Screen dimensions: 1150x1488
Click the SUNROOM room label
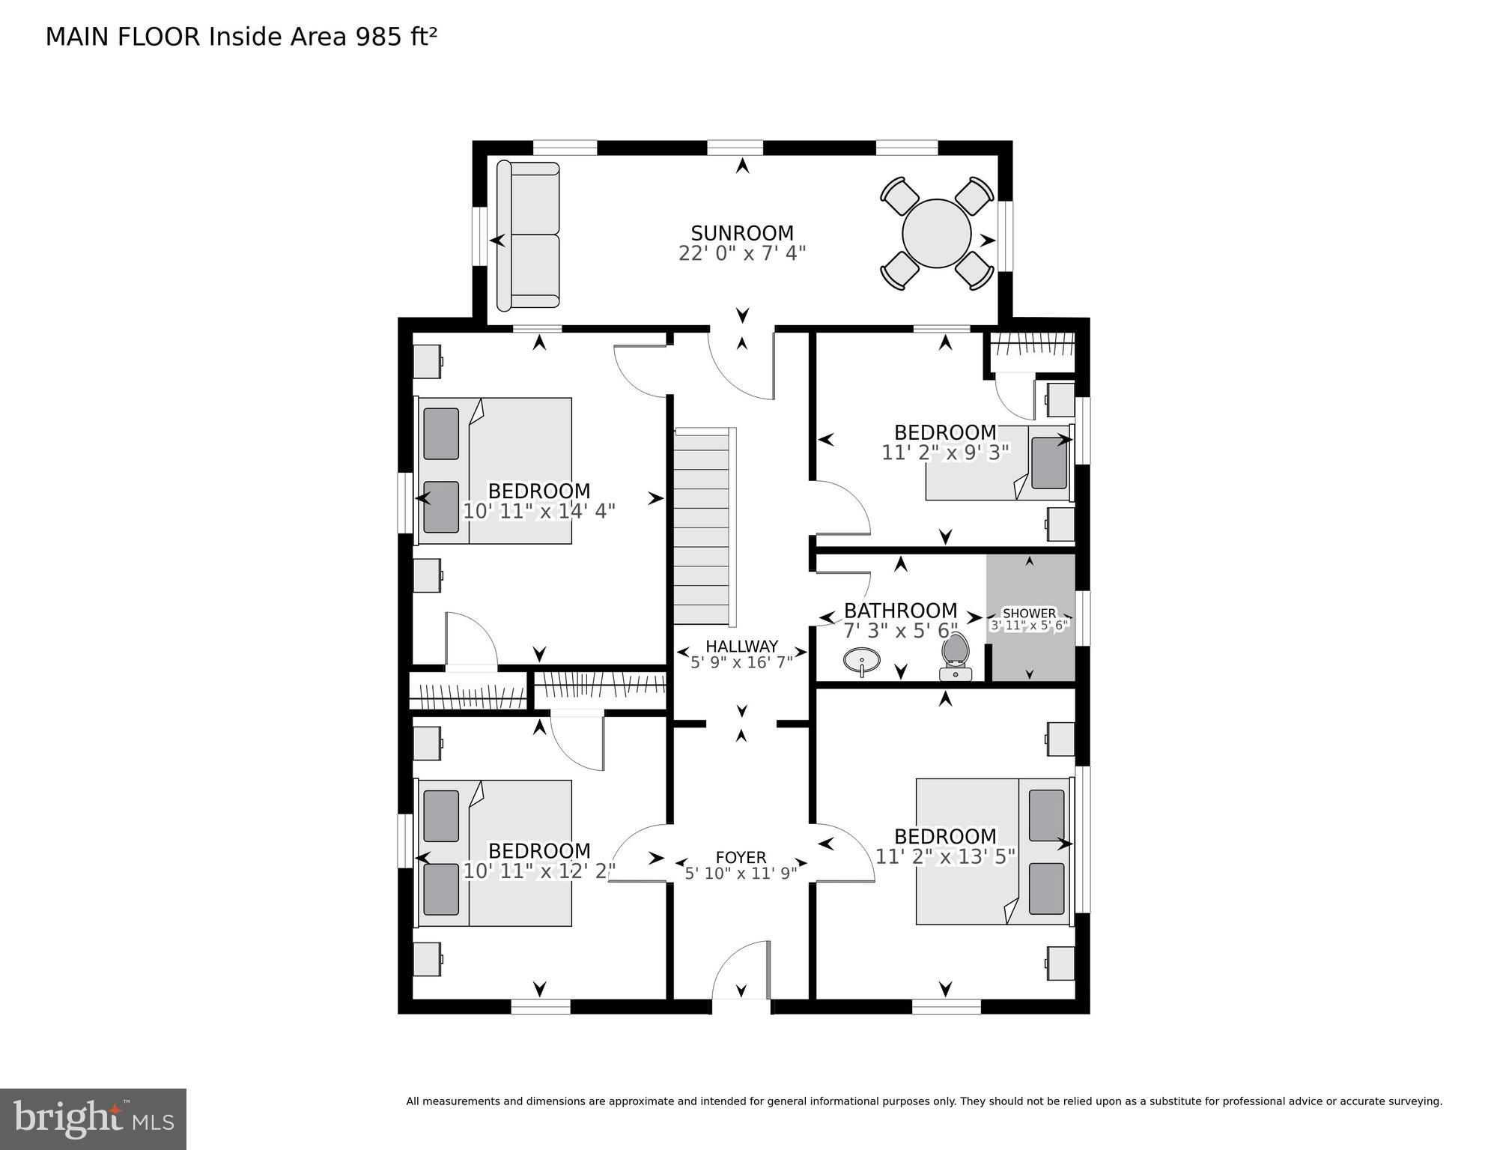(741, 233)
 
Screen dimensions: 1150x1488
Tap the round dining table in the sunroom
(936, 233)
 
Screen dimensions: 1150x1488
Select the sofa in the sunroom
(528, 235)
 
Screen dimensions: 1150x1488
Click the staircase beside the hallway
(702, 526)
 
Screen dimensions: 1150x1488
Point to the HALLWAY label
(741, 646)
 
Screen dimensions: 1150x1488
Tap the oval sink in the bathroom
(861, 661)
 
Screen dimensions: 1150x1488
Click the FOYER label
(741, 857)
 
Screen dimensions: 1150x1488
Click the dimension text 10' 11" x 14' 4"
(539, 511)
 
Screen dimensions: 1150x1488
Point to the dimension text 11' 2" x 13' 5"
(945, 856)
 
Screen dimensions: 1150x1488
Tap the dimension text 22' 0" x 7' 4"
(741, 253)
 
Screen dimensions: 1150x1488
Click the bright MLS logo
(93, 1119)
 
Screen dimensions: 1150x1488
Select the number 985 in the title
(379, 37)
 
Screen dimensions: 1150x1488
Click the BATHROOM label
(900, 611)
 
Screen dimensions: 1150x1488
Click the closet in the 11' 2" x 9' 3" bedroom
(1032, 349)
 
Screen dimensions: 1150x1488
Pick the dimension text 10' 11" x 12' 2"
(539, 871)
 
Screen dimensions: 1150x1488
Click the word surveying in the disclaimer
(1415, 1101)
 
